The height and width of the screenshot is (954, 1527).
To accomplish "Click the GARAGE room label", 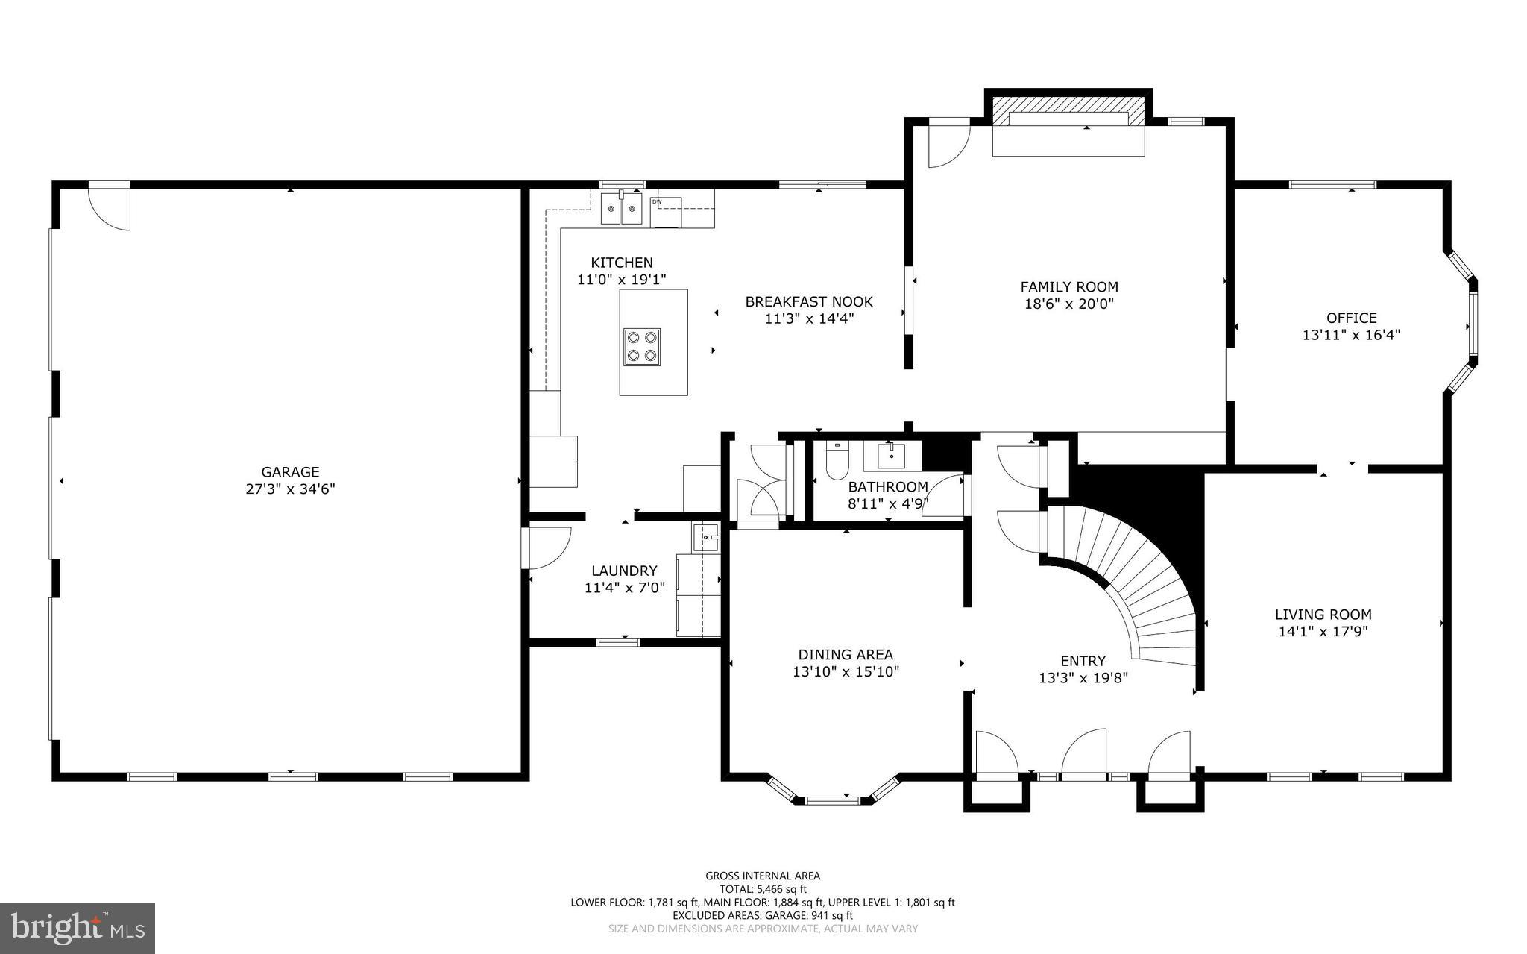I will coord(290,471).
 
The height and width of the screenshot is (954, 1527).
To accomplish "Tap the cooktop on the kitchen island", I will coord(642,346).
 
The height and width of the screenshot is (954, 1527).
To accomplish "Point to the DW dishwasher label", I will coord(657,202).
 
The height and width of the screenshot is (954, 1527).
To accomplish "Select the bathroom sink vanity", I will coord(892,456).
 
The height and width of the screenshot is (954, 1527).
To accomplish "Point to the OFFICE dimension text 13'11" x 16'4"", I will coord(1351,336).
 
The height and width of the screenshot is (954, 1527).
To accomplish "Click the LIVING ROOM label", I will coord(1323,615).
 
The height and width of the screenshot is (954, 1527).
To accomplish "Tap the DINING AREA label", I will coord(846,655).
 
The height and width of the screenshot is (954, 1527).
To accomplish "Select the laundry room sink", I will coord(705,537).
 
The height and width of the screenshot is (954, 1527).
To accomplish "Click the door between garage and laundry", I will coord(547,547).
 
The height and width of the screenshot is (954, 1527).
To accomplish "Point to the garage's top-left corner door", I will coord(109,206).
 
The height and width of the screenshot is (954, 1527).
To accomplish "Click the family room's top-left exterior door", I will coord(948,143).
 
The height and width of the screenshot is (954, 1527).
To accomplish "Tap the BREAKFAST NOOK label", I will coord(809,302).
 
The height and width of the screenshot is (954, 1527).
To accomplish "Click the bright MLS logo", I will coord(78,928).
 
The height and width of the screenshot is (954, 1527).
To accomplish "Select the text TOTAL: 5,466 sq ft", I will coord(763,889).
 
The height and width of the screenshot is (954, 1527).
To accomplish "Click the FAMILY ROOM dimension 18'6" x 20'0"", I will coord(1069,304).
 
